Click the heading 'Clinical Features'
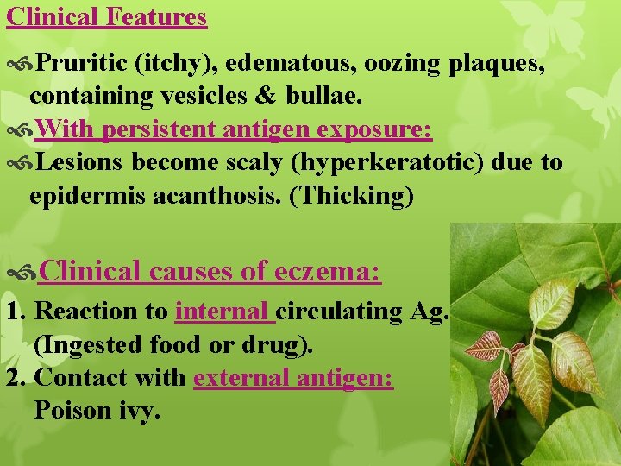[107, 16]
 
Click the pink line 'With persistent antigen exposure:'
[234, 130]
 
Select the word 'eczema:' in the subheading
[328, 272]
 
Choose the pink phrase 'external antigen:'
[293, 378]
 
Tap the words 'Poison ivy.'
[97, 411]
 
